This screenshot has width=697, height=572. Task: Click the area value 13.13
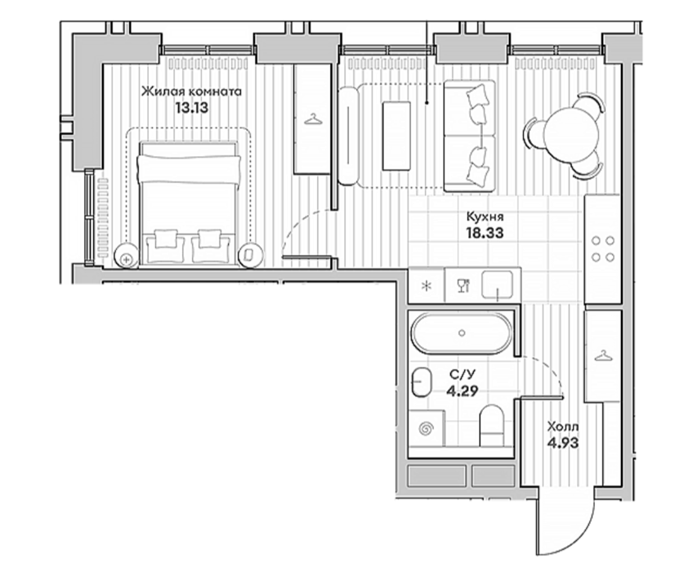191,108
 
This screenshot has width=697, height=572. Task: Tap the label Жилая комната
191,92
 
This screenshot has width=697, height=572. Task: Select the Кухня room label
485,217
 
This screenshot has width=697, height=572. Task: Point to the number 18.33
485,233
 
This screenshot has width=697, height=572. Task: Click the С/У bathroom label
462,375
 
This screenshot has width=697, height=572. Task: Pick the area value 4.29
462,391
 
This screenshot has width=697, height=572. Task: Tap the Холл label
563,427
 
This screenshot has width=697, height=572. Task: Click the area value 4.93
563,443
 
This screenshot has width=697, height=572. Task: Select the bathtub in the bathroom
462,333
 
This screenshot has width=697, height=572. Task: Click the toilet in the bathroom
491,425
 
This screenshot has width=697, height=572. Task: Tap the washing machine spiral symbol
427,429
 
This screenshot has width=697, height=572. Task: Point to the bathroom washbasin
422,382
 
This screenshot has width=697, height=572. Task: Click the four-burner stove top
603,249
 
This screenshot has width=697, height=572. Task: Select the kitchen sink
498,285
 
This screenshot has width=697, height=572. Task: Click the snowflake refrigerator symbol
427,285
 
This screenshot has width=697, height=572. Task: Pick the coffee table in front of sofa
396,135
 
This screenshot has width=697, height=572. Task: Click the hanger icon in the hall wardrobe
602,355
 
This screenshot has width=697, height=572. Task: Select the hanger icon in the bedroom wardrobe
313,119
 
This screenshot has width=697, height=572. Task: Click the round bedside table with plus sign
126,257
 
